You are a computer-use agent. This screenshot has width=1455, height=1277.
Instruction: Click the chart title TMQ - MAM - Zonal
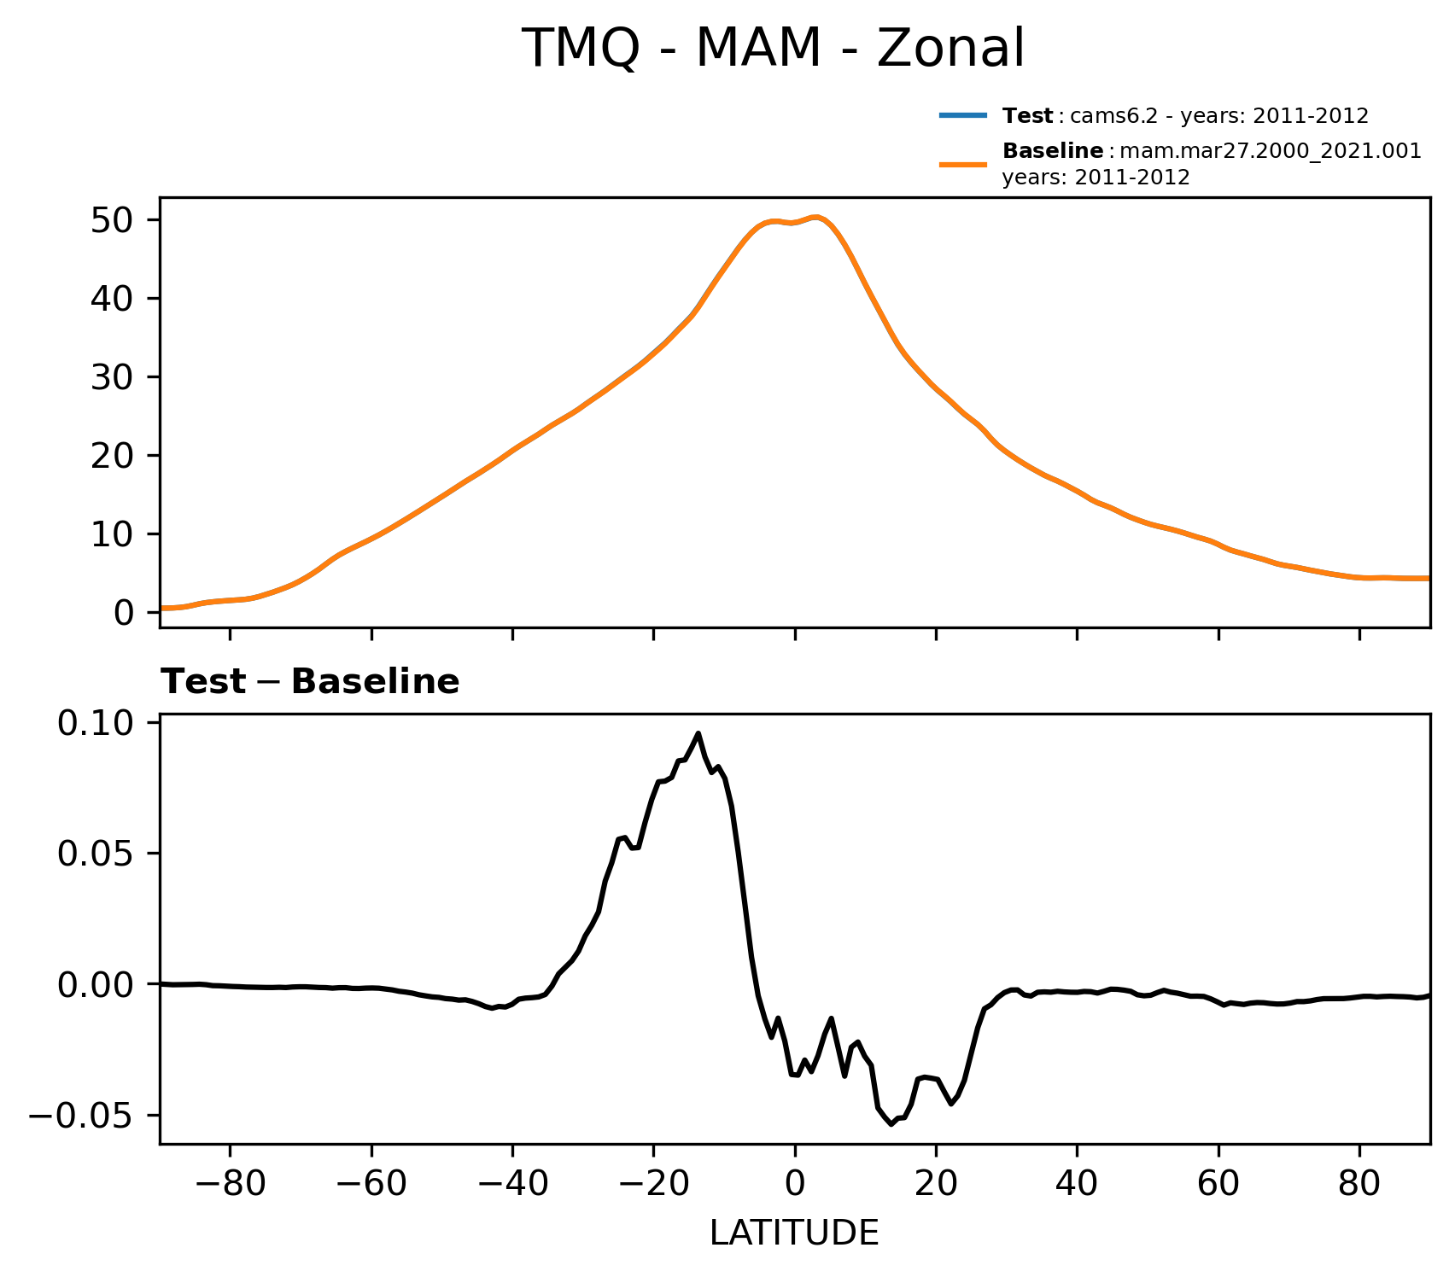coord(773,49)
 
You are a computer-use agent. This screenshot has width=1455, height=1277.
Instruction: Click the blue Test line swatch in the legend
coord(963,115)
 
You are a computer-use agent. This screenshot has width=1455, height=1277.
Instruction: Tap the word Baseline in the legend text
coord(1052,151)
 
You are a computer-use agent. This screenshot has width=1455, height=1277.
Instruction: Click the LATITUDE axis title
coord(794,1233)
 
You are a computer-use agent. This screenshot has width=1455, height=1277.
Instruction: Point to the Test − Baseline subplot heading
coord(310,682)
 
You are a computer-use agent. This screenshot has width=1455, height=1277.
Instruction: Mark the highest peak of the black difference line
coord(698,733)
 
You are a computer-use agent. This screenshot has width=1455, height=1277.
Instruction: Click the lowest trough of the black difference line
coord(891,1124)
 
